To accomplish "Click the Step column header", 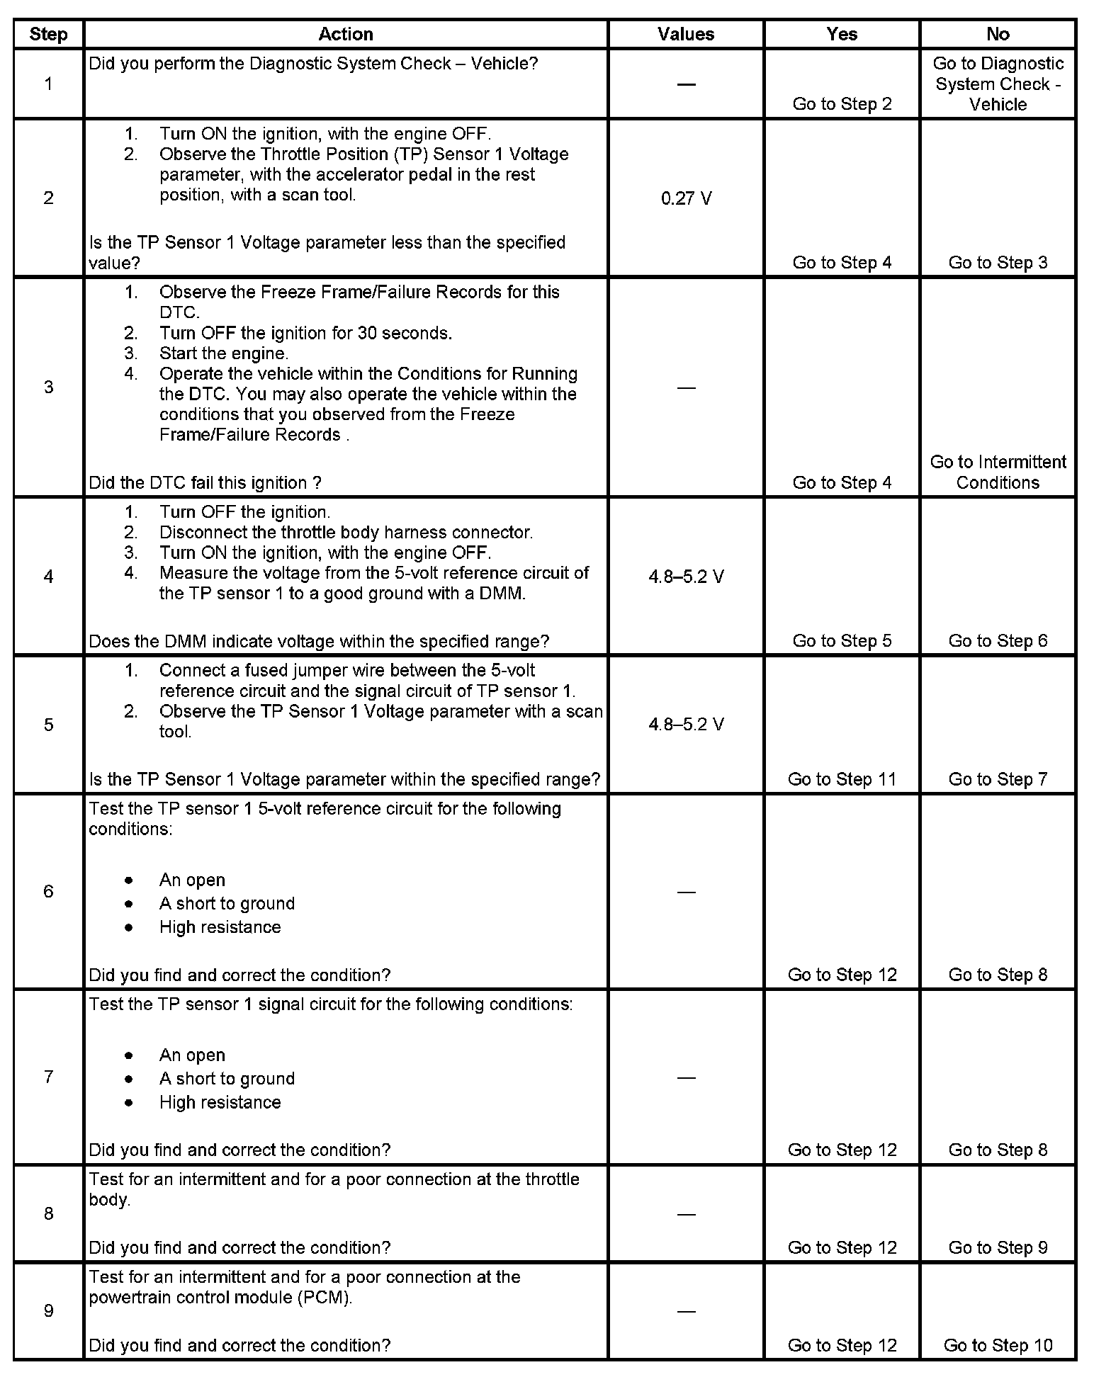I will pos(48,34).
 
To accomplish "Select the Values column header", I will pos(685,34).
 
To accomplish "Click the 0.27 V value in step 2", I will pos(686,198).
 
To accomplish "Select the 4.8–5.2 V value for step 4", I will pos(686,577).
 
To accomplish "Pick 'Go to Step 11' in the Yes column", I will pos(842,779).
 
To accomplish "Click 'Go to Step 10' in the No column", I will pos(998,1344).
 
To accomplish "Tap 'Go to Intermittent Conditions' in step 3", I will pos(998,472).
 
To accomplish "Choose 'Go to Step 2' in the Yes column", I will pos(842,104).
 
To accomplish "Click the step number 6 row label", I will pos(48,891).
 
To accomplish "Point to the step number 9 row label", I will pos(48,1310).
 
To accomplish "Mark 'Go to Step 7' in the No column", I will pos(998,779).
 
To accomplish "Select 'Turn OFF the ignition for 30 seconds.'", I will pos(305,333).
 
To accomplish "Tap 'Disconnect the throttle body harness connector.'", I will pos(346,532).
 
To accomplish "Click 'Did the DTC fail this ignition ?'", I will pos(205,482).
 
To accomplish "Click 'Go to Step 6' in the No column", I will pos(998,641).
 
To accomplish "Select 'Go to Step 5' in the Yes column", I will pos(842,641).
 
